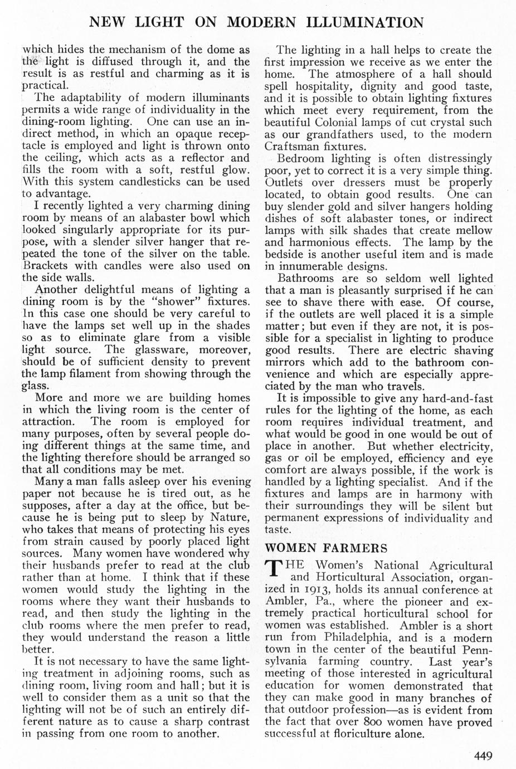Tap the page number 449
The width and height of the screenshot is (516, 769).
pos(483,756)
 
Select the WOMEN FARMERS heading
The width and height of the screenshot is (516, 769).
pos(326,548)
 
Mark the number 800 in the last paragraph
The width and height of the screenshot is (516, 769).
pos(380,723)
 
